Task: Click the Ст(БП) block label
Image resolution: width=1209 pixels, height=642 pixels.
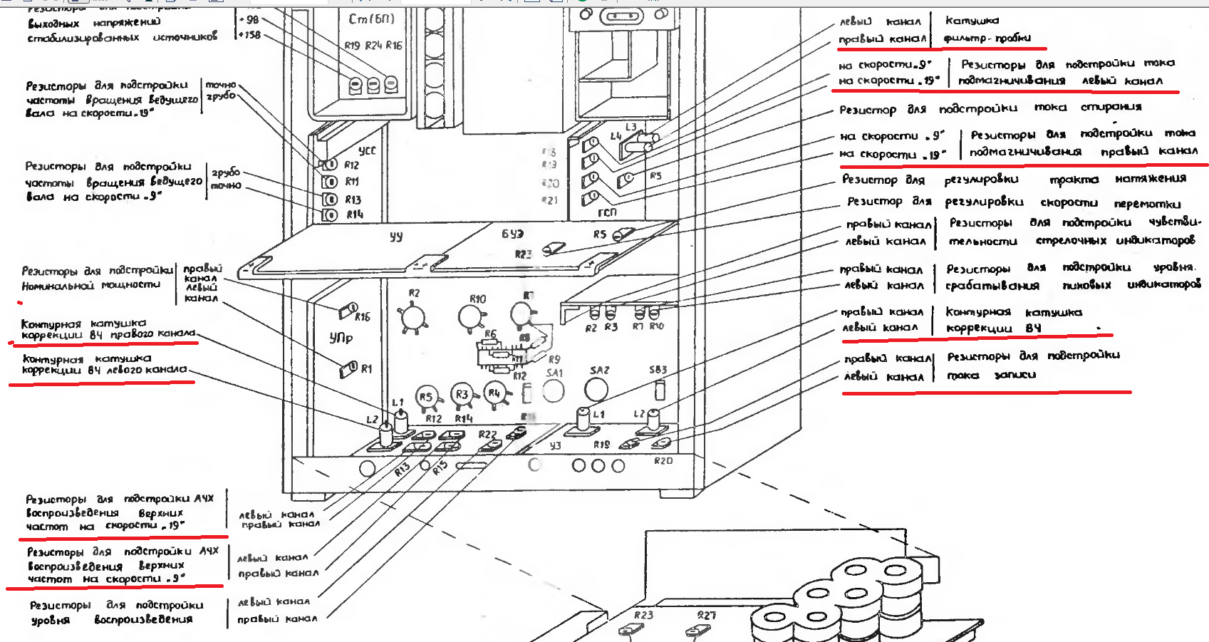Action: click(371, 19)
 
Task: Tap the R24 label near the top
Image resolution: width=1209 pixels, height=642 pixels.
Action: click(373, 46)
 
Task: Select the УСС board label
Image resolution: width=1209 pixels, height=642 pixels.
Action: click(367, 150)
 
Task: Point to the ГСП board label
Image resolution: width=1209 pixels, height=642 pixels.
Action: click(607, 212)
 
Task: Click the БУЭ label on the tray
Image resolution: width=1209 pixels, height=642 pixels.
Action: click(512, 234)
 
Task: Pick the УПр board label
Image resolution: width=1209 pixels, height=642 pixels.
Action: click(341, 337)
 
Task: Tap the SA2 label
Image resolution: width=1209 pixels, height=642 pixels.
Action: click(600, 371)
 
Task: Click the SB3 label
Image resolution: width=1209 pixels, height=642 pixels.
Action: click(658, 370)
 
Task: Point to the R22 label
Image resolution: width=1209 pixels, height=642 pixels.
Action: click(487, 434)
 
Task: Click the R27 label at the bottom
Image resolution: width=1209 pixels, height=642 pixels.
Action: click(706, 615)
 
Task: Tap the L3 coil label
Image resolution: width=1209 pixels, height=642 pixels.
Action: click(631, 128)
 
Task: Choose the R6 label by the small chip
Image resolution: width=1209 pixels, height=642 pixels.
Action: click(490, 333)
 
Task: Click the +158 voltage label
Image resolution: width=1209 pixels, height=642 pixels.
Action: click(249, 35)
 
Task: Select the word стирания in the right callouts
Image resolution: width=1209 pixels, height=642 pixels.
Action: click(1111, 107)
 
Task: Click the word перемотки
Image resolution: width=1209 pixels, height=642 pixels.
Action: click(1147, 203)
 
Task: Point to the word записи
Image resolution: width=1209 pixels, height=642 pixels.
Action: click(1015, 375)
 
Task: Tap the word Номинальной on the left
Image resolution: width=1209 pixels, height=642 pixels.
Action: click(58, 285)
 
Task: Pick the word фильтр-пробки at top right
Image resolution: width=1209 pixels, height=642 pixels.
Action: click(987, 38)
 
